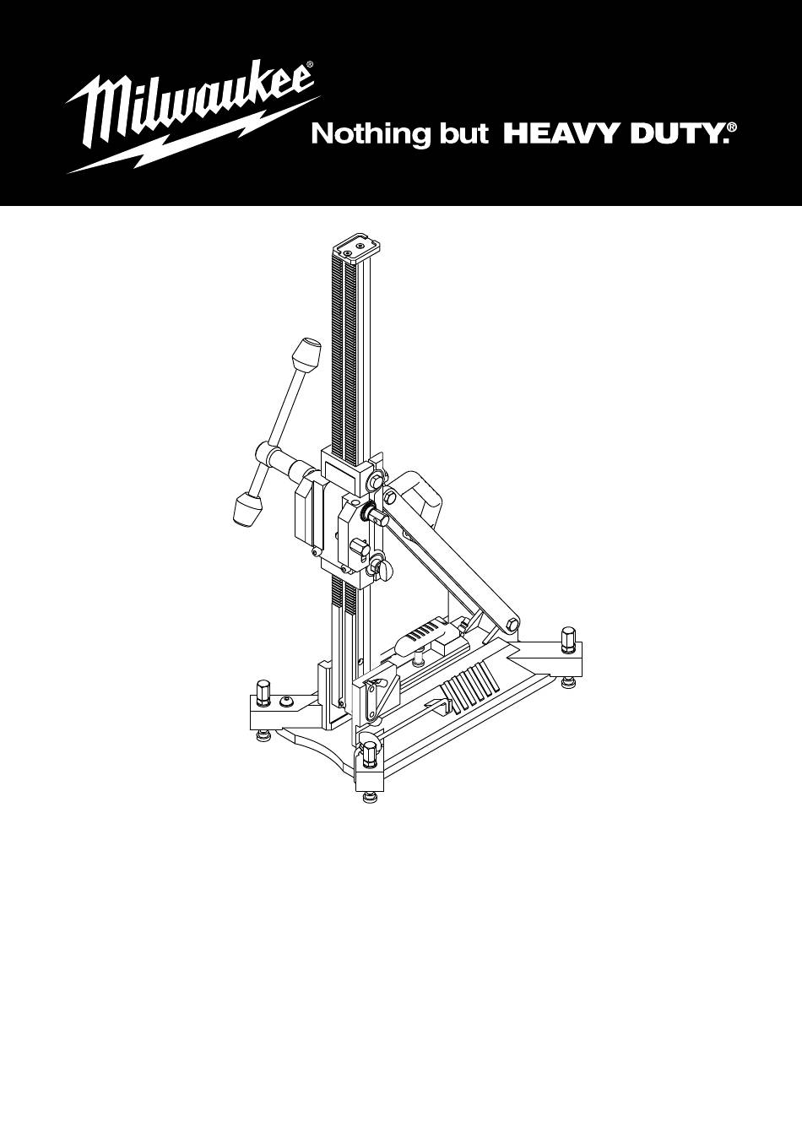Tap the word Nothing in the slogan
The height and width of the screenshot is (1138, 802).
coord(367,135)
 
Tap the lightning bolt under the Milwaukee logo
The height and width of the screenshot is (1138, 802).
coord(193,134)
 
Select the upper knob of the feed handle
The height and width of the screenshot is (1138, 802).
coord(306,353)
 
